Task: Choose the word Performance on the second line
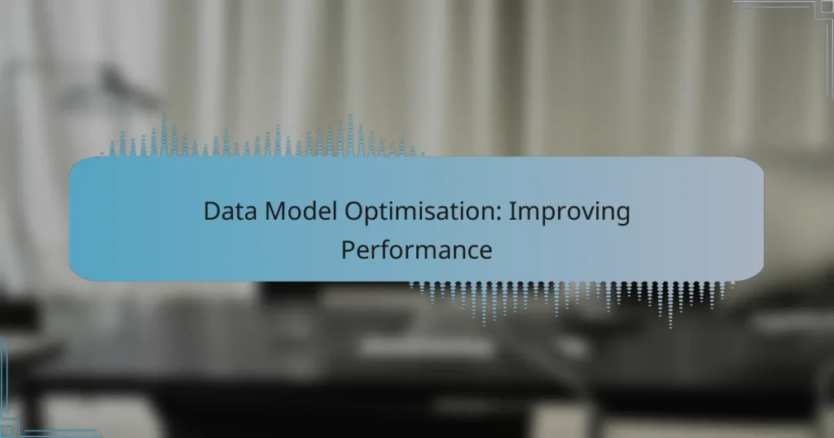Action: (416, 250)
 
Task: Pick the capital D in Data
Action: (210, 212)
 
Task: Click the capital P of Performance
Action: (347, 249)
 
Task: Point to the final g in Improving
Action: (622, 217)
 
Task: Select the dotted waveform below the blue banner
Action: (570, 298)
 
